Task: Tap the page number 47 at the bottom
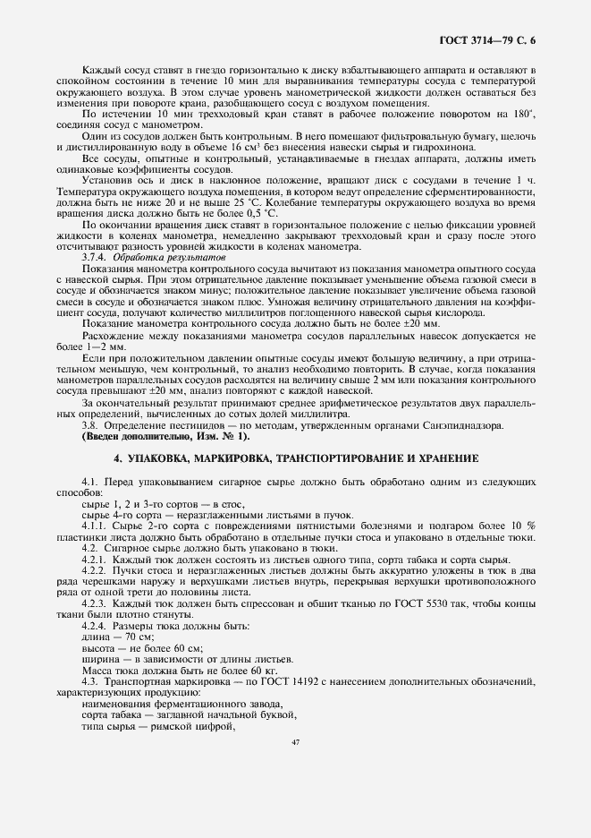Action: pyautogui.click(x=295, y=742)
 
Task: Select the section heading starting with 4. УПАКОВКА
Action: pyautogui.click(x=295, y=457)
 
